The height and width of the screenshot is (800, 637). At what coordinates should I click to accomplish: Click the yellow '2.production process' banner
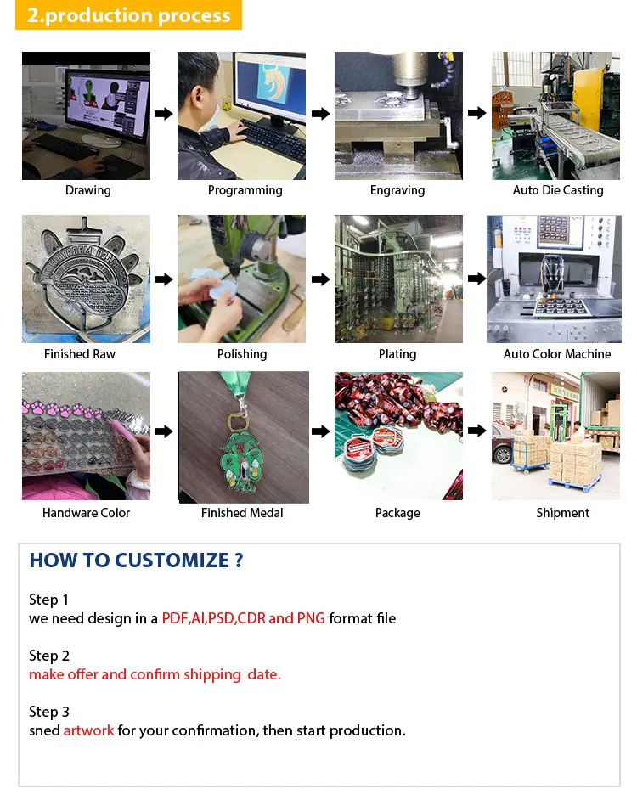(128, 14)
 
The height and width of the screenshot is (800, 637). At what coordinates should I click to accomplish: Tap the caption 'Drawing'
(87, 190)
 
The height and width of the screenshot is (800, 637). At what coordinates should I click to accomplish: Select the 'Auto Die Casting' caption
(558, 190)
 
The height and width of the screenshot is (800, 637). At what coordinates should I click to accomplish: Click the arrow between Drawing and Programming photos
(164, 113)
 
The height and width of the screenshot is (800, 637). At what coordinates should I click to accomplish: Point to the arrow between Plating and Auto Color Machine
(477, 279)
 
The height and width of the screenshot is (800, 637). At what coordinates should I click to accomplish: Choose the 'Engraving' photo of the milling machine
(398, 115)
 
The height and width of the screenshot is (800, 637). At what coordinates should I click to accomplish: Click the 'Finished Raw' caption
(80, 354)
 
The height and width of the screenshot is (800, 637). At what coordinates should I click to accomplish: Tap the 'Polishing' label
(242, 354)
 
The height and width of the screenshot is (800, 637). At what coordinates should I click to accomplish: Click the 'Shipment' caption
(562, 513)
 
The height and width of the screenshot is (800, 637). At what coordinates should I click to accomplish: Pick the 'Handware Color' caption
(87, 513)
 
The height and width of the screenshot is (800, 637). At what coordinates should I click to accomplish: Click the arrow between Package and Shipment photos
(477, 431)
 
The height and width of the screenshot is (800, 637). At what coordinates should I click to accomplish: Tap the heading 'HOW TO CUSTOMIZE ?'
(136, 561)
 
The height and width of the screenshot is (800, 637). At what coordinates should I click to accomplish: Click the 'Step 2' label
(49, 656)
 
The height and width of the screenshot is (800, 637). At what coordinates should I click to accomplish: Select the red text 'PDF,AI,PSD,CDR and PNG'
(244, 618)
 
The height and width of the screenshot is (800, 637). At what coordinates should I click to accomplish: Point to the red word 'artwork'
(89, 730)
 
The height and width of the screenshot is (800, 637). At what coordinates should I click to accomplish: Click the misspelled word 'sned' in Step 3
(44, 730)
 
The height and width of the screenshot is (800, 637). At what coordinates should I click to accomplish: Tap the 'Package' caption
(397, 513)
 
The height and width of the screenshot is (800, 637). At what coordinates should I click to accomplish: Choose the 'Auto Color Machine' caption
(557, 354)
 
